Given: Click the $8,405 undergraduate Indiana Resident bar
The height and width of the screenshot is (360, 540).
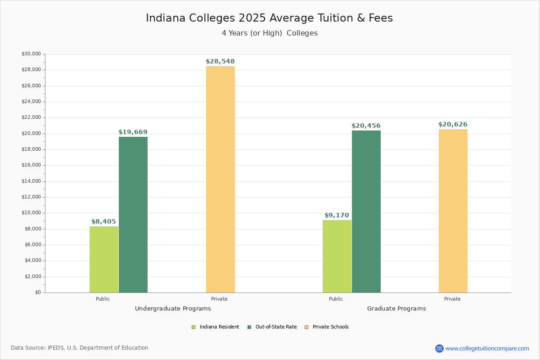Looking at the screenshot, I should coord(104,259).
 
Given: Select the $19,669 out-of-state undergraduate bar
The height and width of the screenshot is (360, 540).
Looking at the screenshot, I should coord(133,215).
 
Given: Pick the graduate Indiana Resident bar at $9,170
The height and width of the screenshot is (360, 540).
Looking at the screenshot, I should coord(337,256).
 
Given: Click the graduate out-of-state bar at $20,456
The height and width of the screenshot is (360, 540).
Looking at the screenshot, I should coord(366,211).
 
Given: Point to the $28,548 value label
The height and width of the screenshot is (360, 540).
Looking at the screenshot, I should coord(220,62).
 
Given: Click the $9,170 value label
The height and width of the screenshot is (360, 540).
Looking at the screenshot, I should coord(337,216).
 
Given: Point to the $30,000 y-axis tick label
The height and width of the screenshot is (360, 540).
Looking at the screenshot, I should coord(31,54).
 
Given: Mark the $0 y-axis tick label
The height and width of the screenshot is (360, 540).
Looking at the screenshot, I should coord(38,292).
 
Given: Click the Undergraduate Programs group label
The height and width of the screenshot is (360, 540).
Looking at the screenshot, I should coord(173,309).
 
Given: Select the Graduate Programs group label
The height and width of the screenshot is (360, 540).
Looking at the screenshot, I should coord(396,309).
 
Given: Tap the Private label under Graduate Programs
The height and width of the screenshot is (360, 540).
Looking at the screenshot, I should coord(452,299).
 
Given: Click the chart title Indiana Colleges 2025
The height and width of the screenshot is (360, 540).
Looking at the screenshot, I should coord(269,18).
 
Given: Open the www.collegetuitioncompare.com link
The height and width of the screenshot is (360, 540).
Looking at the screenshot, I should coord(487,348).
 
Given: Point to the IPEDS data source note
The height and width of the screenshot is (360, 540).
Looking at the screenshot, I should coord(80,348).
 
